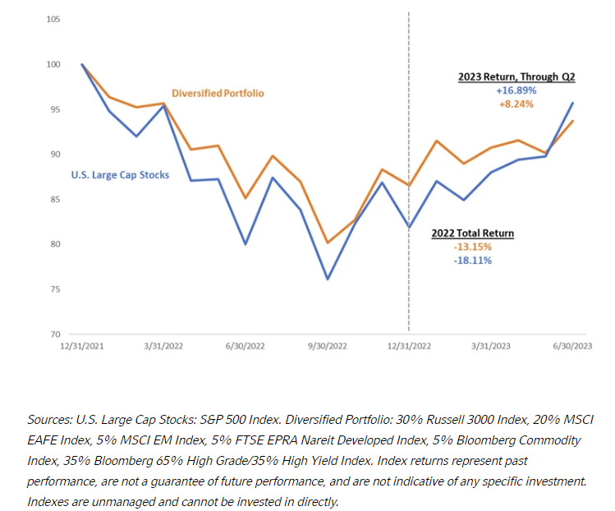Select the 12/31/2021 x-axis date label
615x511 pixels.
[x=81, y=346]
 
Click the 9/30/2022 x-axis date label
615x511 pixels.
[x=327, y=346]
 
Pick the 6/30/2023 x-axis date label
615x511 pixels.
[x=571, y=346]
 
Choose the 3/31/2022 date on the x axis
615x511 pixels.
[x=164, y=346]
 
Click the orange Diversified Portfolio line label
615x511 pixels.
[x=218, y=94]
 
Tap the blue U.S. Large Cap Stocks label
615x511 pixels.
[x=121, y=173]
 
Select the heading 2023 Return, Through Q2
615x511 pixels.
[x=516, y=77]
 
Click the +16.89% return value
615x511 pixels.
[x=516, y=91]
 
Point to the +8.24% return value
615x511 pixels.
[x=516, y=105]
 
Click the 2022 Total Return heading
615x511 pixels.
[x=473, y=233]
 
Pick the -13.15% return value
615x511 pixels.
[x=473, y=246]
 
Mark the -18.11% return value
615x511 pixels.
[x=473, y=260]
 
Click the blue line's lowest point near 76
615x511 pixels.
[x=328, y=279]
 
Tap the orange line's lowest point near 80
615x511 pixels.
[x=328, y=242]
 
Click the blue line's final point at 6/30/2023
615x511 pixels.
[x=572, y=103]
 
